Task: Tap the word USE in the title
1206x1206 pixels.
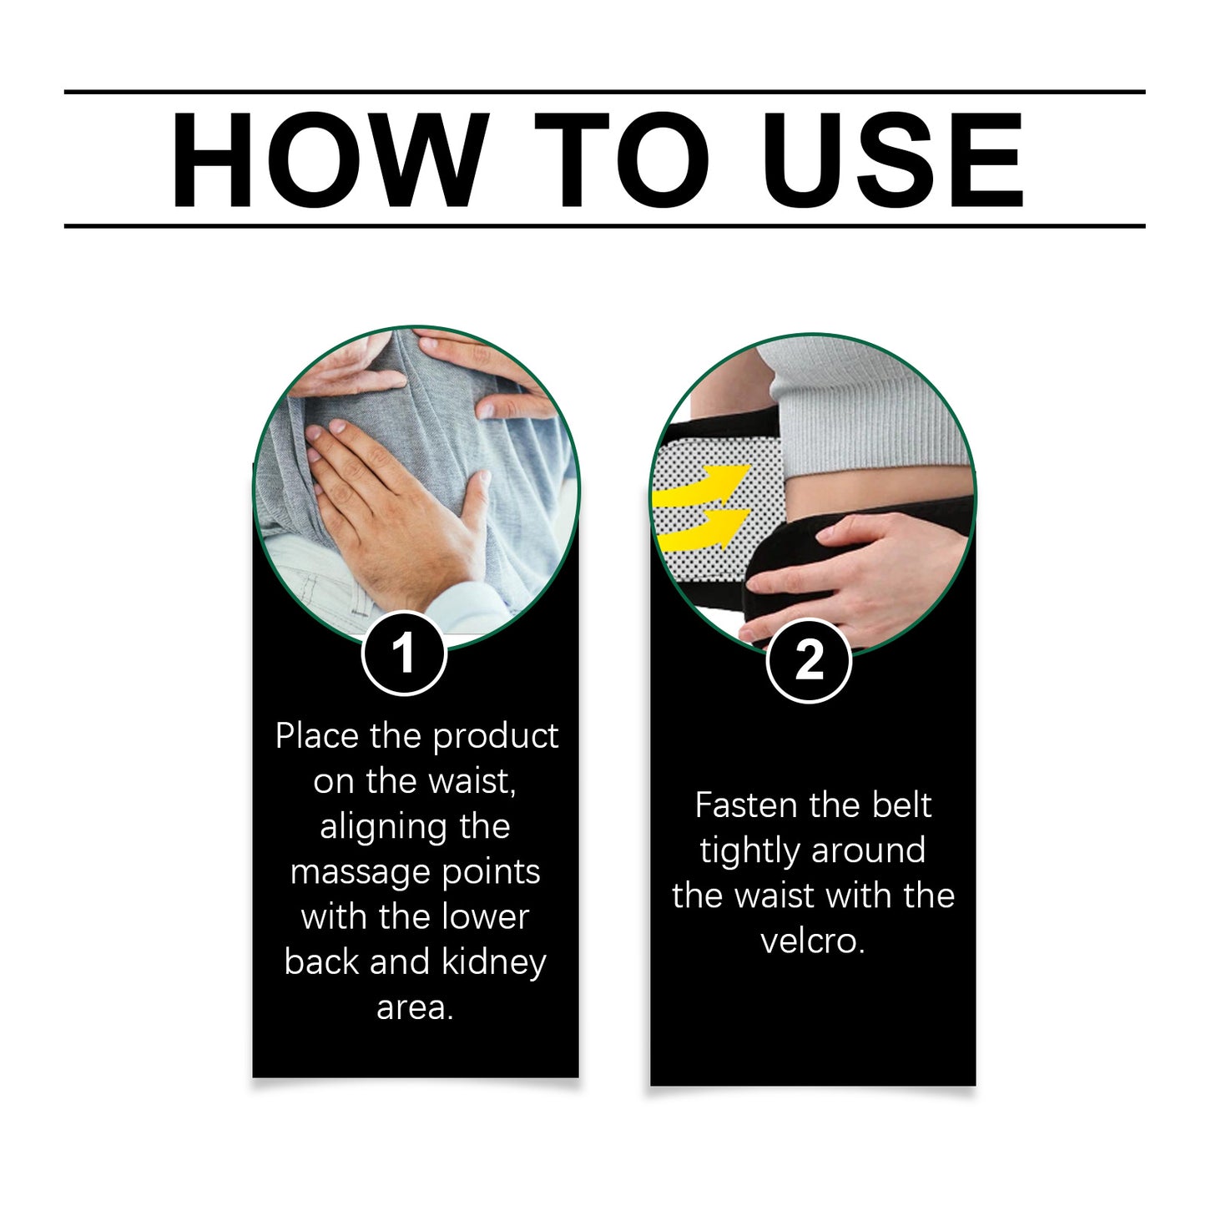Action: click(893, 159)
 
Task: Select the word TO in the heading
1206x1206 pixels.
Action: click(621, 159)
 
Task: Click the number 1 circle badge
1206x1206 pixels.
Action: click(404, 653)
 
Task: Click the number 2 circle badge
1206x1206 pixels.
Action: click(808, 660)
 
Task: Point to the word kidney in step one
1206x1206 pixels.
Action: click(493, 962)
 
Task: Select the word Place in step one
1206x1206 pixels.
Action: click(318, 736)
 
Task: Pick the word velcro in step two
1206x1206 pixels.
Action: click(811, 941)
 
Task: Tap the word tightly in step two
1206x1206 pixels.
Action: click(750, 851)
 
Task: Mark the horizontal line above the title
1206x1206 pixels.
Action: click(604, 92)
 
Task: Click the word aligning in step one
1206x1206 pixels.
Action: click(414, 827)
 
